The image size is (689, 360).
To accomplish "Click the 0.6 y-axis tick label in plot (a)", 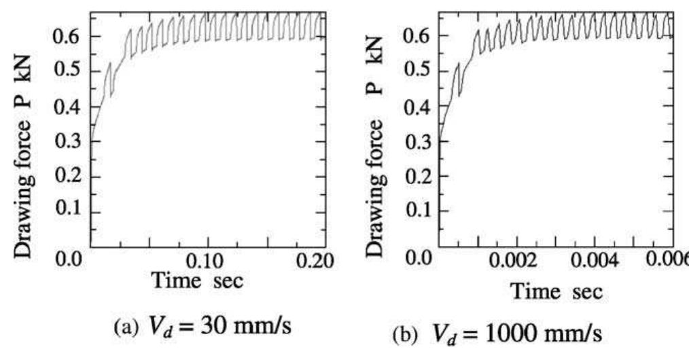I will point(69,36).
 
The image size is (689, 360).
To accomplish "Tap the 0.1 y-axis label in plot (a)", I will point(69,211).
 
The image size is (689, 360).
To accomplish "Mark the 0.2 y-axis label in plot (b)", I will point(417,176).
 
